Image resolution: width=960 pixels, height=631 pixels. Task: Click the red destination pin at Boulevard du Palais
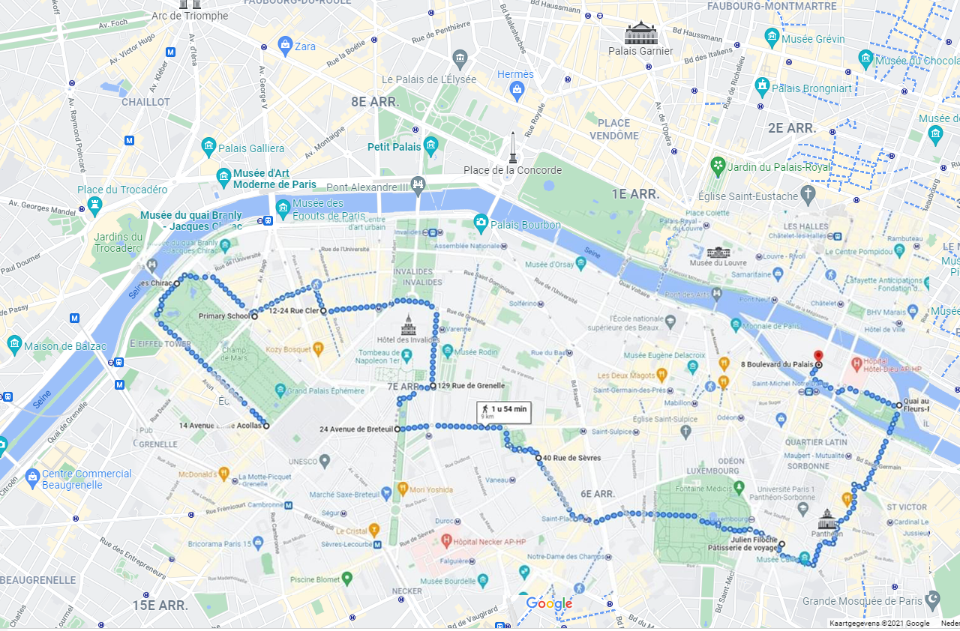(x=818, y=356)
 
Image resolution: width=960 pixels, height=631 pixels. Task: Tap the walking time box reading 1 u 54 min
(x=504, y=411)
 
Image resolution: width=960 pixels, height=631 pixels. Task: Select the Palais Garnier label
(x=640, y=51)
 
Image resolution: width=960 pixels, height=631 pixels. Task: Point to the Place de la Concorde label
(x=512, y=170)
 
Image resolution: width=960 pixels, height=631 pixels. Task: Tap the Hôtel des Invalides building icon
(x=408, y=325)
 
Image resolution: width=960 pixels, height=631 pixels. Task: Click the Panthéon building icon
(x=827, y=519)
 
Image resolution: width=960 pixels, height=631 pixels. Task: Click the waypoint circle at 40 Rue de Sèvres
(x=538, y=457)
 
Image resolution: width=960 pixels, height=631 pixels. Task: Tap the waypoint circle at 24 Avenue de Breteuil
(x=397, y=429)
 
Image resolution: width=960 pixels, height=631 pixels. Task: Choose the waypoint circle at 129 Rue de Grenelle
(x=433, y=387)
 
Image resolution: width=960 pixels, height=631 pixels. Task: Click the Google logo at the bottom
(x=549, y=604)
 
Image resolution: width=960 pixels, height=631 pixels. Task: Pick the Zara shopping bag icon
(x=285, y=46)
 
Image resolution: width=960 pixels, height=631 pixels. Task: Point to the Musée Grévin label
(x=813, y=39)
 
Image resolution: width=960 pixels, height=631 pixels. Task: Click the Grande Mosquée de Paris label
(x=862, y=601)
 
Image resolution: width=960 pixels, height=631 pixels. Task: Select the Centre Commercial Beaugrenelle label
(x=87, y=479)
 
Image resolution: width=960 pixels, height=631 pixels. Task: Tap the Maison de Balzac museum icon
(x=14, y=344)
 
